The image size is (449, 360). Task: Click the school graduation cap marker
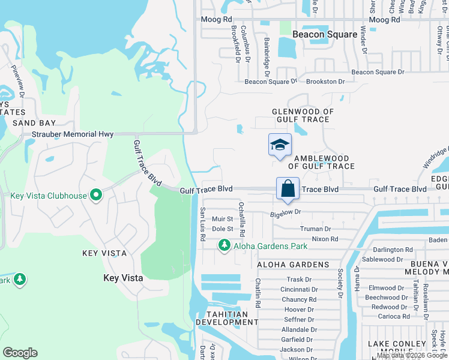pyautogui.click(x=280, y=145)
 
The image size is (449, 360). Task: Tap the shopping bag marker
pyautogui.click(x=288, y=188)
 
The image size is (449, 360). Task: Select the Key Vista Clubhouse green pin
pyautogui.click(x=95, y=195)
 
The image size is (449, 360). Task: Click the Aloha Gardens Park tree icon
pyautogui.click(x=224, y=245)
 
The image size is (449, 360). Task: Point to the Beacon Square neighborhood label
pyautogui.click(x=325, y=34)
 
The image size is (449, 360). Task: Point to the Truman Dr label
pyautogui.click(x=315, y=229)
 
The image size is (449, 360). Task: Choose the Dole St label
pyautogui.click(x=223, y=229)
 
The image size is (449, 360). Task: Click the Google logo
pyautogui.click(x=20, y=353)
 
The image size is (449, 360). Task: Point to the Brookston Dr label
pyautogui.click(x=325, y=82)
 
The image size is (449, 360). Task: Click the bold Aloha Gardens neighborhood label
pyautogui.click(x=293, y=265)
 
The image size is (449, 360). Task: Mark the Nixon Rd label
pyautogui.click(x=325, y=239)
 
